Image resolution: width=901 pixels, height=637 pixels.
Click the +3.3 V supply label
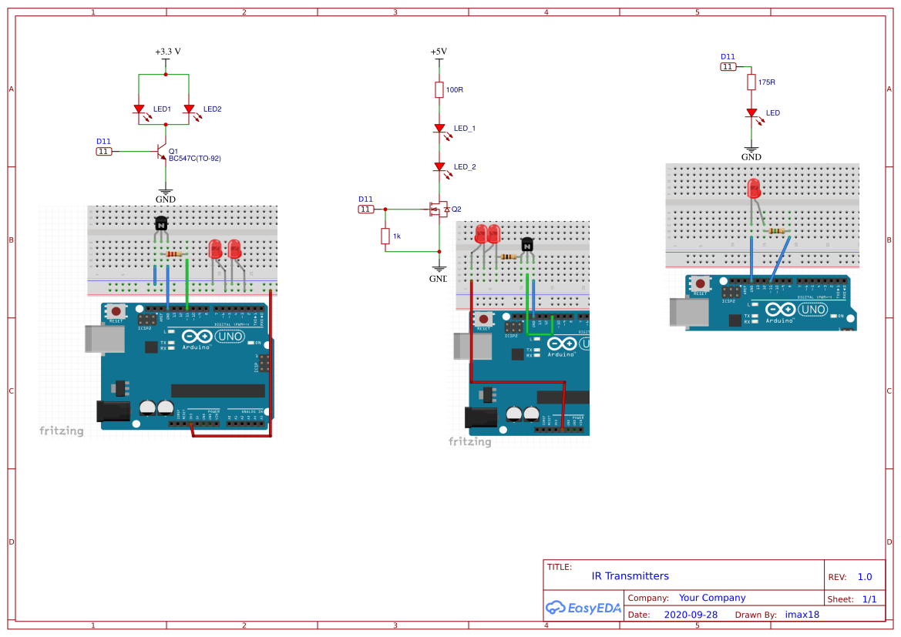coord(167,52)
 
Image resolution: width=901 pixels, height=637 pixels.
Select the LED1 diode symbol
coord(140,110)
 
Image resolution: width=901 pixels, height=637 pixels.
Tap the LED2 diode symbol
coord(189,110)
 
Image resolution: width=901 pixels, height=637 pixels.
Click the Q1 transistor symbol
coord(162,152)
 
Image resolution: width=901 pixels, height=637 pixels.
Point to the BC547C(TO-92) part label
coord(195,159)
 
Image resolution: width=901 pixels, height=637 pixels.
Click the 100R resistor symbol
coord(439,90)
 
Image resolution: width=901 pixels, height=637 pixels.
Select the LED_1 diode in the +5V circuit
coord(439,128)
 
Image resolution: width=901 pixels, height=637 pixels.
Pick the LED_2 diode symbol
coord(439,166)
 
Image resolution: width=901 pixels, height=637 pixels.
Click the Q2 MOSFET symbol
coord(438,209)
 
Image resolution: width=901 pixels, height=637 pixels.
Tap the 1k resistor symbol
coord(385,236)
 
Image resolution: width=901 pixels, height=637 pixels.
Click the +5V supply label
coord(439,52)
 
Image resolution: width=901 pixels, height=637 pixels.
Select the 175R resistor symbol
coord(751,82)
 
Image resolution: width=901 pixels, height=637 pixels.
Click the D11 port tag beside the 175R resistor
coord(728,67)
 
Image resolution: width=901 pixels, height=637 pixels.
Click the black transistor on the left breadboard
coord(161,223)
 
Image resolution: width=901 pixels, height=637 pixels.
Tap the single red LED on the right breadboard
coord(754,187)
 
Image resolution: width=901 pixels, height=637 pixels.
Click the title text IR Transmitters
coord(630,576)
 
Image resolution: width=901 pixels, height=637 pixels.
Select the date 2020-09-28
coord(691,615)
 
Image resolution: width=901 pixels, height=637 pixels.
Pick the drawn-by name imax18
coord(802,615)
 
